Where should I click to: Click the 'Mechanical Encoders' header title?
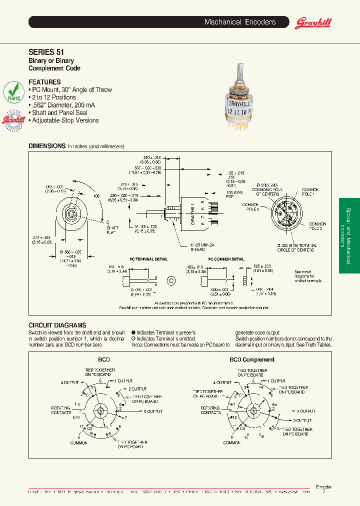[240, 22]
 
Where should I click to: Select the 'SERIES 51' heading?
[46, 51]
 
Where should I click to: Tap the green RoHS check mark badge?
[13, 93]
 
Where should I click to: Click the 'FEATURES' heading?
[44, 82]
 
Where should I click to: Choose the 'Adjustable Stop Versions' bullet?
[65, 120]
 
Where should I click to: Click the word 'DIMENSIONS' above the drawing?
[47, 146]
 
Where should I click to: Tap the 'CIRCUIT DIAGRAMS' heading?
[57, 325]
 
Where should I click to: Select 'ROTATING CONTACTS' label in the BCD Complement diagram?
[210, 410]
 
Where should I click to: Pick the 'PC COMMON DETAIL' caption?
[226, 259]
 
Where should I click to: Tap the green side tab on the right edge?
[349, 235]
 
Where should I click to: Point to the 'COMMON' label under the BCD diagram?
[78, 443]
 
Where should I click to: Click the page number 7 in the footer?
[323, 492]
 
